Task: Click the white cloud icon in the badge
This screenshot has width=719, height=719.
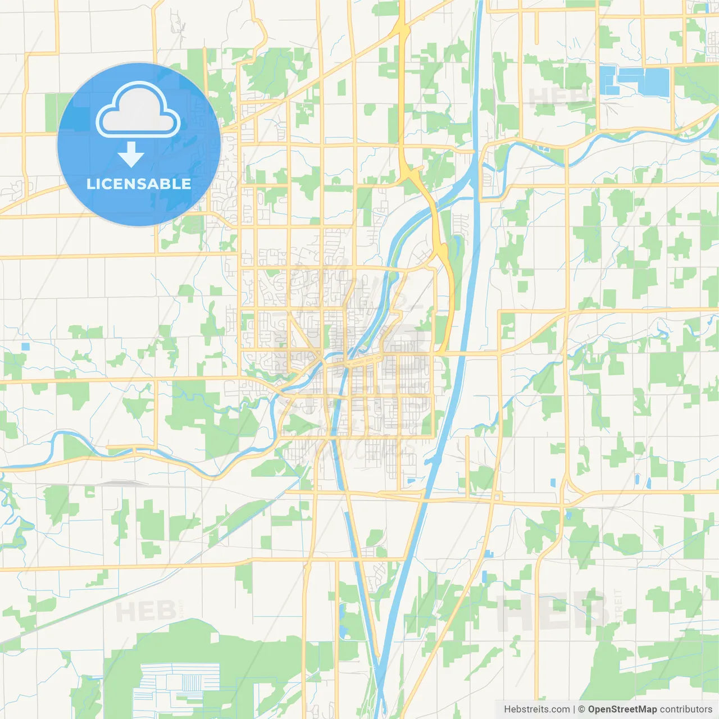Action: pyautogui.click(x=138, y=110)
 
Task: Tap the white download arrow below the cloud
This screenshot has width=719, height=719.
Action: pyautogui.click(x=131, y=154)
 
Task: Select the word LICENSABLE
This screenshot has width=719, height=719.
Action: pyautogui.click(x=139, y=184)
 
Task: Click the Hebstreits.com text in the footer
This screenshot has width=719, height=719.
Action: pyautogui.click(x=536, y=709)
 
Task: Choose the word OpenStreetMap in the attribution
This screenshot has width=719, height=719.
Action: pyautogui.click(x=622, y=709)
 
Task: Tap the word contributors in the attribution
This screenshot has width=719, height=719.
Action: pyautogui.click(x=686, y=709)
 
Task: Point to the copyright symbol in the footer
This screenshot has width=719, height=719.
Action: pyautogui.click(x=582, y=709)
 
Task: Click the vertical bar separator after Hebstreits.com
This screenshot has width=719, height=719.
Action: pyautogui.click(x=574, y=709)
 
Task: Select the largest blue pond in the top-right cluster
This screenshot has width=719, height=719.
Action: pyautogui.click(x=656, y=82)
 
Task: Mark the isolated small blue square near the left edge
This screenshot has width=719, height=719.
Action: pyautogui.click(x=25, y=347)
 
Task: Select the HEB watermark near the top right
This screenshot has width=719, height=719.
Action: pyautogui.click(x=559, y=97)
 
